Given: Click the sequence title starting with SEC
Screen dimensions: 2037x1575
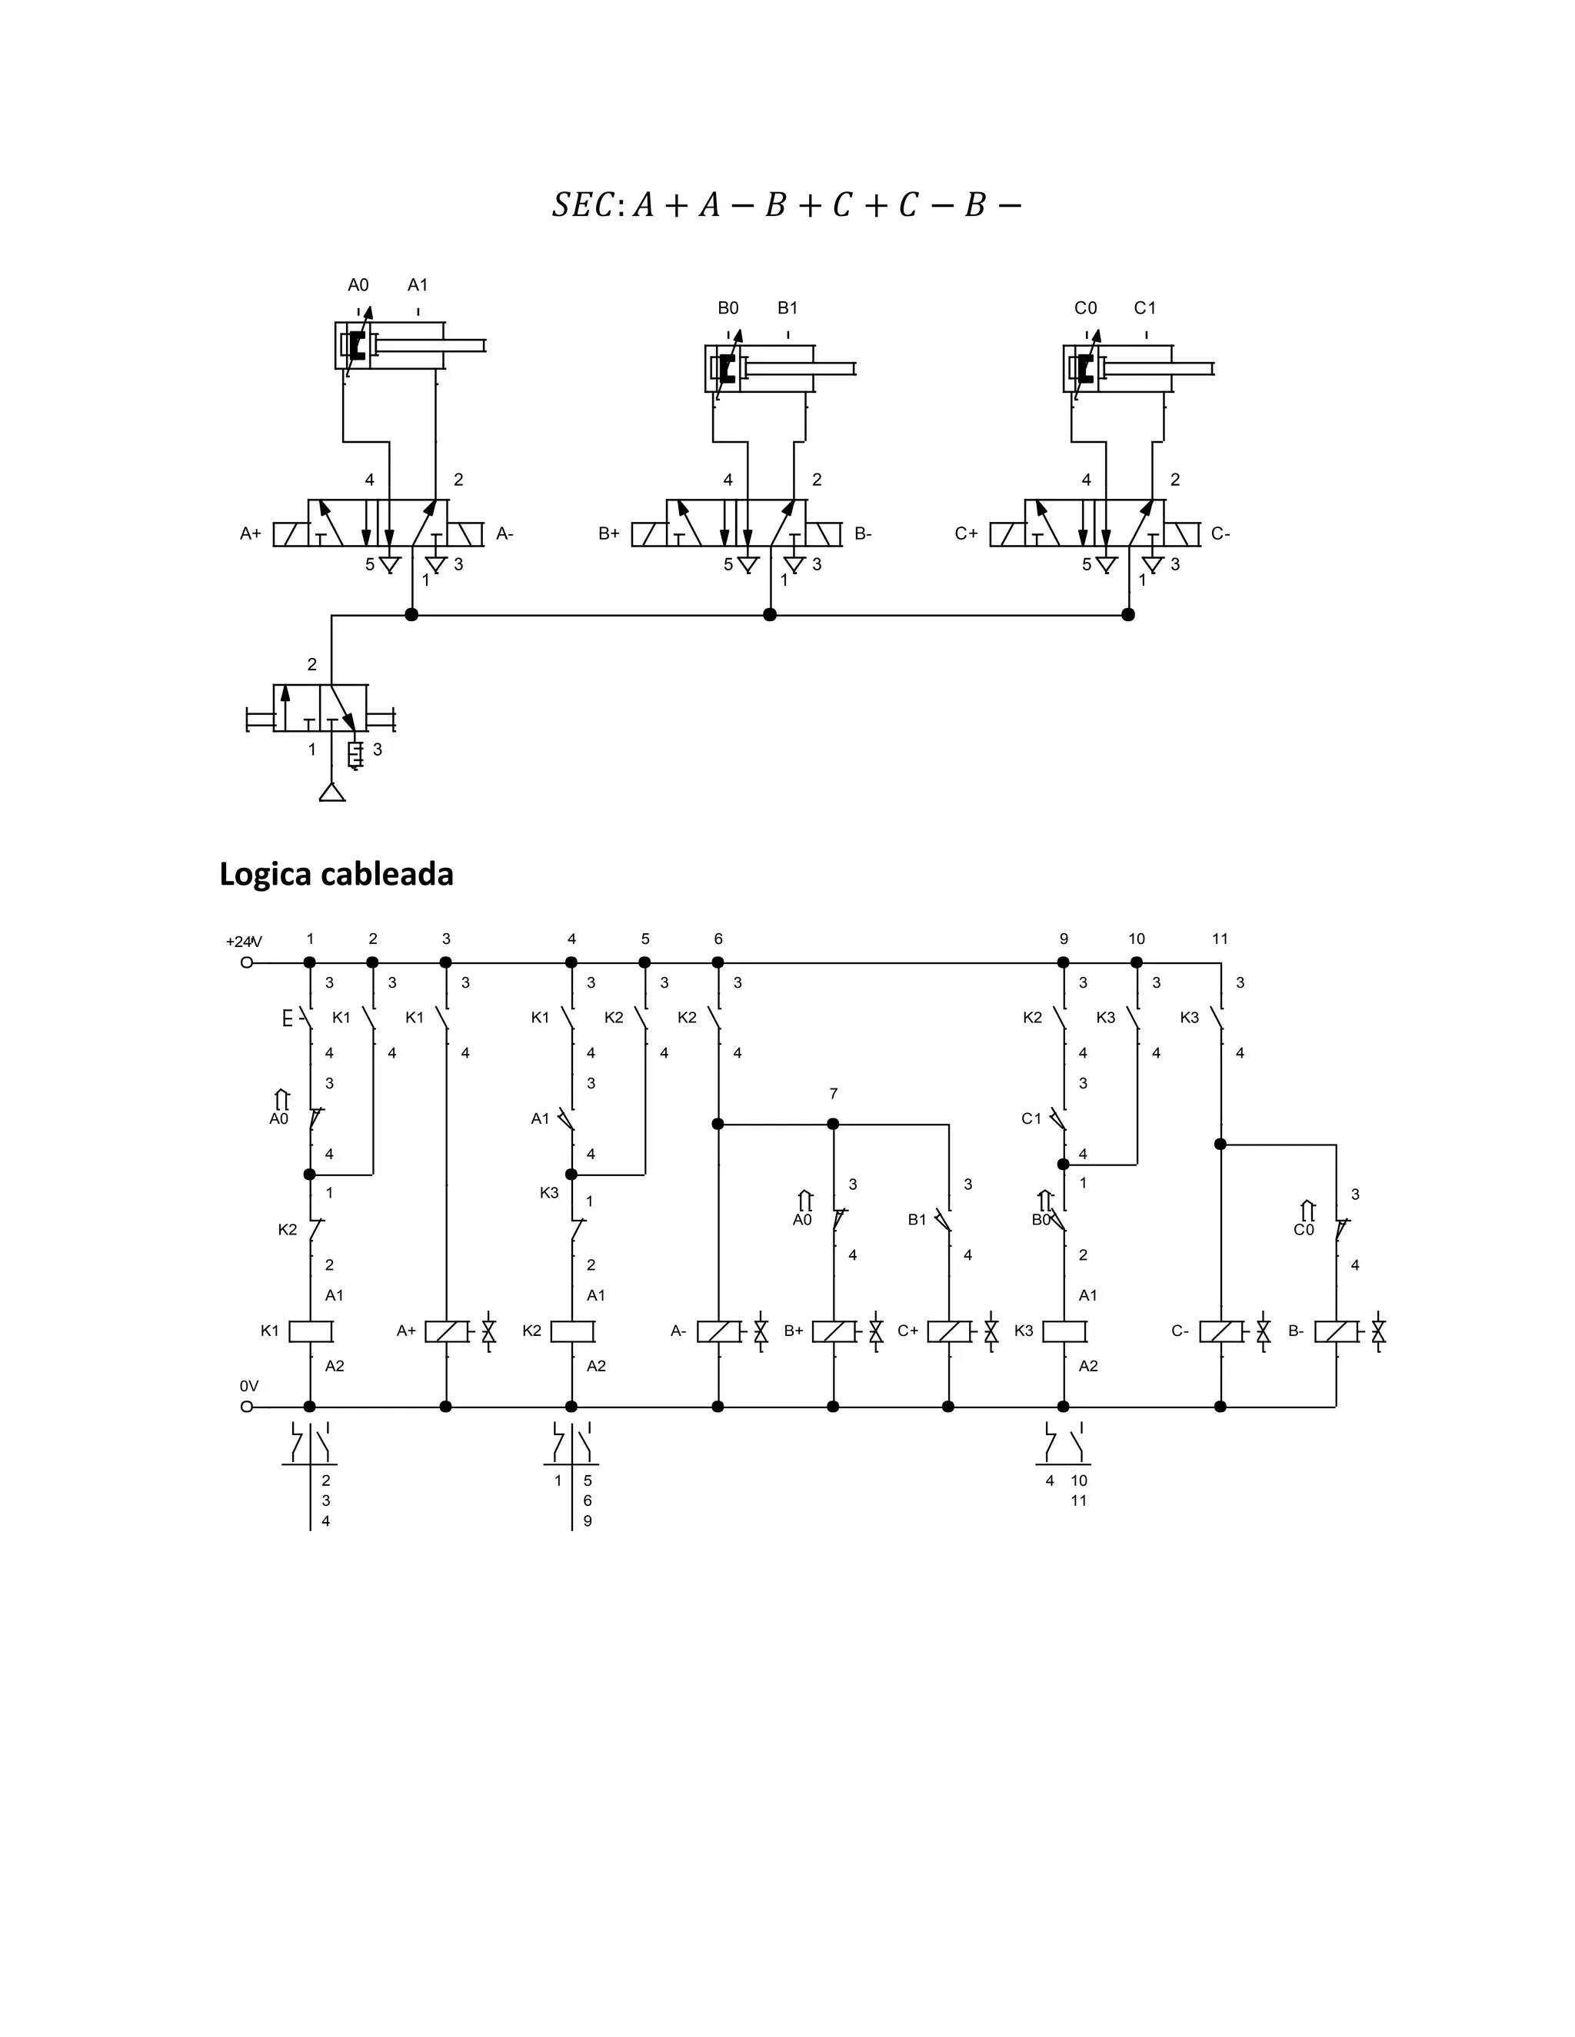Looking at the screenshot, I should (786, 205).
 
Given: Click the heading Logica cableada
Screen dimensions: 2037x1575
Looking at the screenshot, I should (336, 874).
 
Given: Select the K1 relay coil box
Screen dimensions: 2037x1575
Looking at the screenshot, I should (311, 1331).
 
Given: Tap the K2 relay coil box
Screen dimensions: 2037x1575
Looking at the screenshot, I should (572, 1331).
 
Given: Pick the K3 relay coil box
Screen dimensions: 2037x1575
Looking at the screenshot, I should (1064, 1331).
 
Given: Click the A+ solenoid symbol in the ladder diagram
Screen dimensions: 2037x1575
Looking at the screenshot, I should (447, 1331).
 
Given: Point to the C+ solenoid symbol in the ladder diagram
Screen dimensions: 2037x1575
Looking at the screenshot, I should (949, 1331).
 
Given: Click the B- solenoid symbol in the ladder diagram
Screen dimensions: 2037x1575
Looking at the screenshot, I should (1336, 1331).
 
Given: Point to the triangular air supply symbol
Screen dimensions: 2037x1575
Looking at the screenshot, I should (332, 792).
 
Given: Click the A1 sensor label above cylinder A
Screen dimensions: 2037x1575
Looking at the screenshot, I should (417, 285).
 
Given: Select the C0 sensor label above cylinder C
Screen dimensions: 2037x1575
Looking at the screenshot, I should (1085, 307).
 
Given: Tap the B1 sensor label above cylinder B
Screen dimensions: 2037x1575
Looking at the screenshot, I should (787, 307).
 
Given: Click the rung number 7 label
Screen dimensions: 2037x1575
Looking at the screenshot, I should (833, 1094).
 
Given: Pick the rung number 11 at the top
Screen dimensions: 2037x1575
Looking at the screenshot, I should (1220, 939).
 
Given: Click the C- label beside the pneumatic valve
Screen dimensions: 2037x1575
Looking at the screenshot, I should (1220, 533).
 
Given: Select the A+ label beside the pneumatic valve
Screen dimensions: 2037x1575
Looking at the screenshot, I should (250, 533).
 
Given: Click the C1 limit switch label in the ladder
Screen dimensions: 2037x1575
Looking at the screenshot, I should (1031, 1118).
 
